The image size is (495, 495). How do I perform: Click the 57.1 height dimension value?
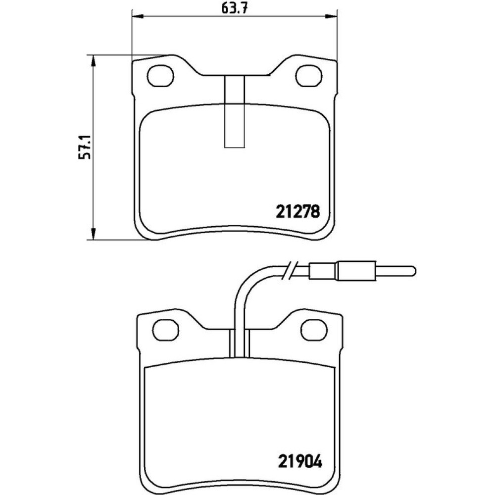(86, 147)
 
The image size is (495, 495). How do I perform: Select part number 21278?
(298, 211)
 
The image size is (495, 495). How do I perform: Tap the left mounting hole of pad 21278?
(161, 76)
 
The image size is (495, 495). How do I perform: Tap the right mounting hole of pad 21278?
(309, 76)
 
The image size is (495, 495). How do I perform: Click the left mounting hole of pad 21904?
(166, 329)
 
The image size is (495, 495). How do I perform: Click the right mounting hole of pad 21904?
(314, 329)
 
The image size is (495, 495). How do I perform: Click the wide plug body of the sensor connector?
(357, 271)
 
